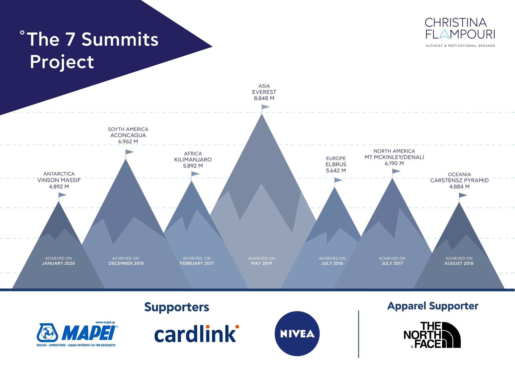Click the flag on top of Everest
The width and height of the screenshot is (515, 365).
[265, 107]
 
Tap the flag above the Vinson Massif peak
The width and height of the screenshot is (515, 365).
[62, 195]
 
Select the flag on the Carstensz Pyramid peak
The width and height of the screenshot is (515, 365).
[463, 195]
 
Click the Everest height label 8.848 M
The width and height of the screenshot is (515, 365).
[264, 98]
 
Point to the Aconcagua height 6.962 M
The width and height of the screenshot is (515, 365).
[128, 141]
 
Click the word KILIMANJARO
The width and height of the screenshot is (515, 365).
[193, 160]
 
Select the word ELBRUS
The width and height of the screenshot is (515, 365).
[336, 164]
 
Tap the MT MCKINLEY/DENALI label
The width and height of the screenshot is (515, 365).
[394, 157]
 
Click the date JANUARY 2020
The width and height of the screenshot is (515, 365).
[58, 263]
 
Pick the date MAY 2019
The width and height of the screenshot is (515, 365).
[261, 263]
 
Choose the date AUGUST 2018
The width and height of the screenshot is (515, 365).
[459, 263]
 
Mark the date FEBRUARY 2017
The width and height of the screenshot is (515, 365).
[197, 263]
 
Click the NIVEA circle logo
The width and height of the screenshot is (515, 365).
[297, 334]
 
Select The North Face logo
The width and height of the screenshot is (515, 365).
[432, 335]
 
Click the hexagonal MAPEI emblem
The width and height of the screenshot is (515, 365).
[47, 333]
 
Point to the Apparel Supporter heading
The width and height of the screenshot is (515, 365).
[433, 306]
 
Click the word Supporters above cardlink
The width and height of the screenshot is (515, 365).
[177, 307]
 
